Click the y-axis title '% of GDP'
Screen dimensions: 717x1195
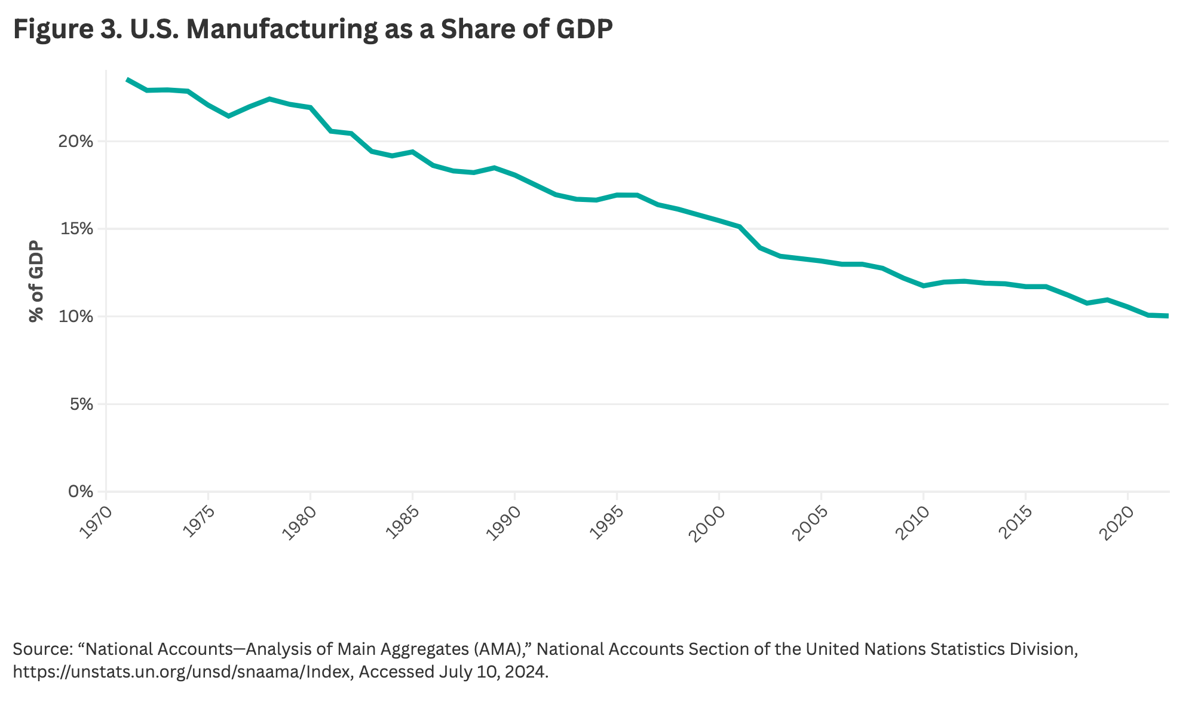click(36, 281)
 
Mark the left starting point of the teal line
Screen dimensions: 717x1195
click(127, 79)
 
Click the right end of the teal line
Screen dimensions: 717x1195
click(1168, 315)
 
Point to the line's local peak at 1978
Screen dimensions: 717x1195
click(269, 99)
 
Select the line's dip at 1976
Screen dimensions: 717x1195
click(228, 115)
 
